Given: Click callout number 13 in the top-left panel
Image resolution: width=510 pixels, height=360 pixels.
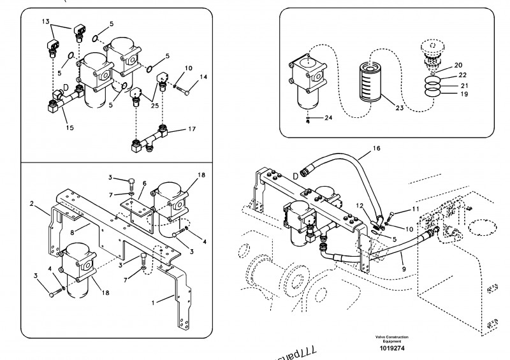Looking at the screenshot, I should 45,21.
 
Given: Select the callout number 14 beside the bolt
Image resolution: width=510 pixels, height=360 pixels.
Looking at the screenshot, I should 204,77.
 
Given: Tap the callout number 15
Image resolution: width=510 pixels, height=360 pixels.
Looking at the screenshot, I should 69,127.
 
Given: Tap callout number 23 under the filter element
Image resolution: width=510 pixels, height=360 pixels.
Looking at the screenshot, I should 399,108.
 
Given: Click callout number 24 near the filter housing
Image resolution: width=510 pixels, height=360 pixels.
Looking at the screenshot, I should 328,118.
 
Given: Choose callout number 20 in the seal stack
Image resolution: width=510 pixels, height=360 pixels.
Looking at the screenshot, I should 459,66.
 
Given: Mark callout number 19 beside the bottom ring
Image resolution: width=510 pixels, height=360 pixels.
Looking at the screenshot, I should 463,94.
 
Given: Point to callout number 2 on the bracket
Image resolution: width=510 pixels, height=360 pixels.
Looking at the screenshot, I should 31,204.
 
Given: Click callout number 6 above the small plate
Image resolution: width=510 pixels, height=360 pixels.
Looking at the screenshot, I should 145,182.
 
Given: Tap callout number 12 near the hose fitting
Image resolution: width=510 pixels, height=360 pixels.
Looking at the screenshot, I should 360,205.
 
